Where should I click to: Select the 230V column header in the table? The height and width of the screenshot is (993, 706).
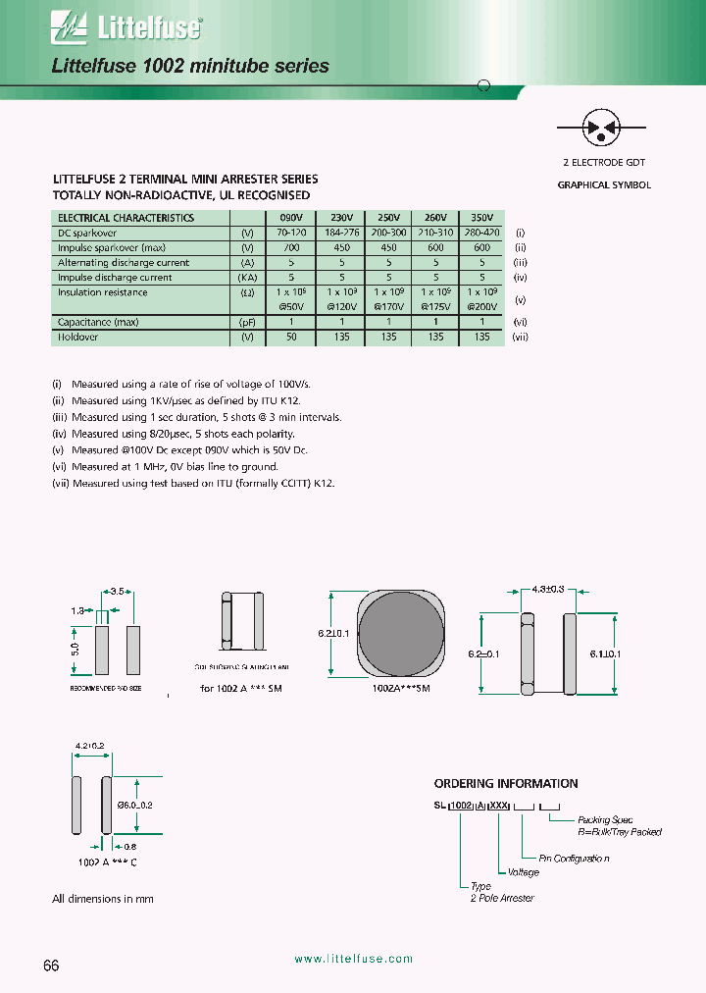click(341, 218)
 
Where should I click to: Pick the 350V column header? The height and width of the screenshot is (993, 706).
click(481, 218)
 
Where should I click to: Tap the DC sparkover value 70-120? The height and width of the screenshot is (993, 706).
click(292, 234)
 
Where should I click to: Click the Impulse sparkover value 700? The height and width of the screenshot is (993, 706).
click(292, 248)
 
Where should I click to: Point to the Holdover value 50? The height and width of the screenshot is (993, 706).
click(292, 337)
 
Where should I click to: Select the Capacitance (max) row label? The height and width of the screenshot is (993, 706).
click(98, 322)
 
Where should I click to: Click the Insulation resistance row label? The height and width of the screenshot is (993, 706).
click(103, 292)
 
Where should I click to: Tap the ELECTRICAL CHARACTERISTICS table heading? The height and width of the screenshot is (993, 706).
click(126, 218)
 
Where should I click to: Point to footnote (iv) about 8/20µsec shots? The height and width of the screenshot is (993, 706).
click(173, 434)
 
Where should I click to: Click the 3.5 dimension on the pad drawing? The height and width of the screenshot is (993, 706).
click(118, 593)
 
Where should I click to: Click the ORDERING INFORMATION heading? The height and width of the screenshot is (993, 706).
click(506, 784)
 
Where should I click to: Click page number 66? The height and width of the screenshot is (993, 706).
click(52, 966)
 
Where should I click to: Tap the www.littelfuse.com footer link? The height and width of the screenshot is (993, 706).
click(353, 959)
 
